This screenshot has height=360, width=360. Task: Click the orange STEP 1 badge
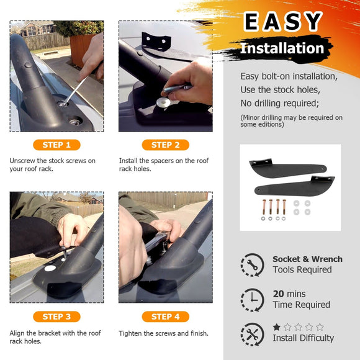(x=56, y=145)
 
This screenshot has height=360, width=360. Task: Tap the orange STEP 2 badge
(x=166, y=145)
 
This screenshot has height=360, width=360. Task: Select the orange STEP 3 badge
(x=56, y=317)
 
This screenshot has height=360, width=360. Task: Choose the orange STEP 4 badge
(x=166, y=317)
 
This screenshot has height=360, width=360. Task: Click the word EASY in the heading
(x=283, y=22)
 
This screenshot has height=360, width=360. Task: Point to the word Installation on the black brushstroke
(x=282, y=48)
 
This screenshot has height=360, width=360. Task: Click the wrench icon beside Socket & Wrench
(x=253, y=265)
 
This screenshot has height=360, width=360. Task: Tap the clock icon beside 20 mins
(x=253, y=300)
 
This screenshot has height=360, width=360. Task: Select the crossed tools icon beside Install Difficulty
(x=253, y=335)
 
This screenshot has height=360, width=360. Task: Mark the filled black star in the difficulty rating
(x=277, y=327)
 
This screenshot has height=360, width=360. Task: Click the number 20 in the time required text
(x=278, y=294)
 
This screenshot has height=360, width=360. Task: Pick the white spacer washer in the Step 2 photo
(x=163, y=102)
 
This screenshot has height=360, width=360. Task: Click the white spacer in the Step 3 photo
(x=50, y=268)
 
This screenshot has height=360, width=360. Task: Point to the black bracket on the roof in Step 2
(x=156, y=42)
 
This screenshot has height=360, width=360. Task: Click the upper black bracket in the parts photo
(x=288, y=169)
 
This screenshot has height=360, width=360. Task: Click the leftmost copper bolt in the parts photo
(x=264, y=207)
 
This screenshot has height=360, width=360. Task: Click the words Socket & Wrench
(x=307, y=259)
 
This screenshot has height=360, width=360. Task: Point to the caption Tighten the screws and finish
(x=163, y=333)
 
